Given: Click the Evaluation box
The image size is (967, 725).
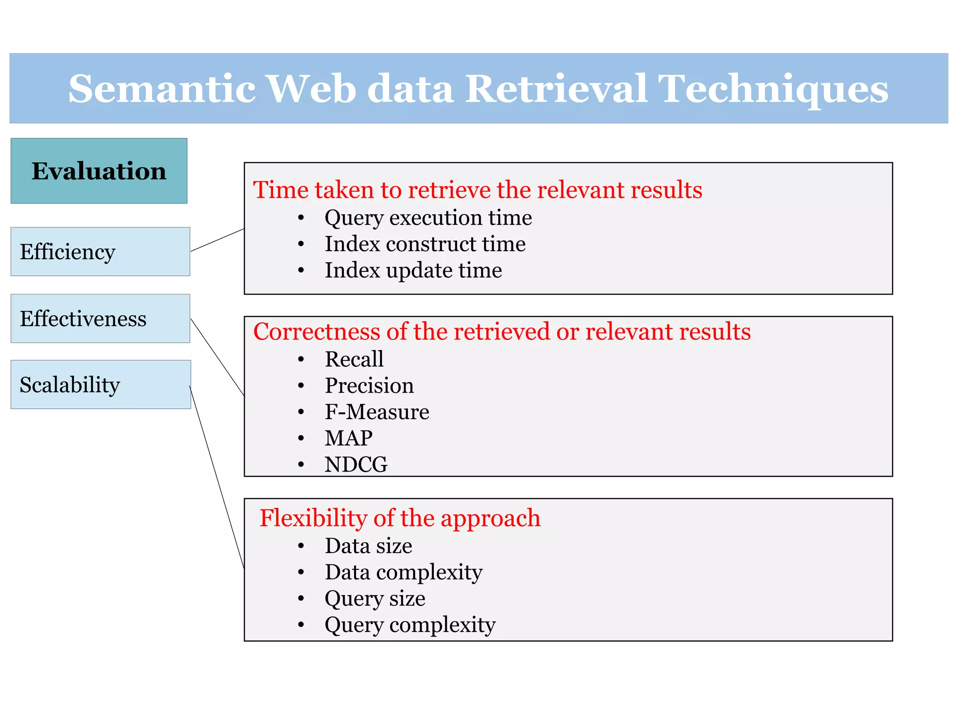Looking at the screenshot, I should [x=99, y=171].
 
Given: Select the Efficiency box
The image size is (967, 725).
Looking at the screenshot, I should [x=100, y=252].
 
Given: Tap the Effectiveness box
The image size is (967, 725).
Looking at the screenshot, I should [x=100, y=319].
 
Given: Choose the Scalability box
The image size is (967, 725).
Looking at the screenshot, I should [x=101, y=385].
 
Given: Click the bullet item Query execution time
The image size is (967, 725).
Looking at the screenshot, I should [x=428, y=218].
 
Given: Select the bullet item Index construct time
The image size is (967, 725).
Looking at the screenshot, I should [x=425, y=244].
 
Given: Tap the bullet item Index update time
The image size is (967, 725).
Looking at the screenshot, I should [x=413, y=270].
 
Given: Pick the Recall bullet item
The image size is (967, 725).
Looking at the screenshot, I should [x=354, y=359].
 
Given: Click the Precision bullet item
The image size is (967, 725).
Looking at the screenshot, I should [x=369, y=386].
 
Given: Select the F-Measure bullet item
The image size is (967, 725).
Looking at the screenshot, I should [x=377, y=412].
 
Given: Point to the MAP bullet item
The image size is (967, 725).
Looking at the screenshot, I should [x=348, y=438].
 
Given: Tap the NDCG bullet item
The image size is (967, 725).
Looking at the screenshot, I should [x=356, y=464].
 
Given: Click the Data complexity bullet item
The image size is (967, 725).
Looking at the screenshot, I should [x=404, y=572].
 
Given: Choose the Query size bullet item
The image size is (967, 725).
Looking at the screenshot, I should [x=375, y=599].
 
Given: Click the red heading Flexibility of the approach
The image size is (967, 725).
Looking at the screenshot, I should [x=400, y=518].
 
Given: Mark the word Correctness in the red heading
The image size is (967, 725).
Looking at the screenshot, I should [x=316, y=331].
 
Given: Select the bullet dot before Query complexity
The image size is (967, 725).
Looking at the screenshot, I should [x=301, y=625].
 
